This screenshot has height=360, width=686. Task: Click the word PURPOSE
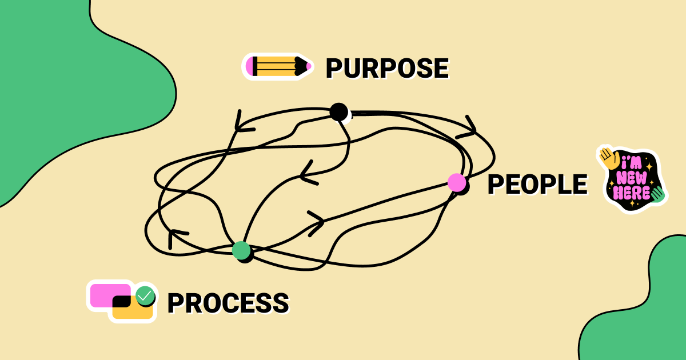click(387, 68)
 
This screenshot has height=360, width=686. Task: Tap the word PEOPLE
click(537, 184)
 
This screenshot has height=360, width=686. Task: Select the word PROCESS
click(228, 302)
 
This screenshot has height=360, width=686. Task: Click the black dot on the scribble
click(338, 111)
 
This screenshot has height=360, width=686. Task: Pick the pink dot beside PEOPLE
click(456, 182)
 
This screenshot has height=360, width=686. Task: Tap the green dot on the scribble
click(241, 250)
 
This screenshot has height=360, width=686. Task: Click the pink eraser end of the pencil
click(249, 66)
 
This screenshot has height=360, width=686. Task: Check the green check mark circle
click(145, 295)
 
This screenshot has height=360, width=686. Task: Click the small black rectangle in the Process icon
click(122, 301)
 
